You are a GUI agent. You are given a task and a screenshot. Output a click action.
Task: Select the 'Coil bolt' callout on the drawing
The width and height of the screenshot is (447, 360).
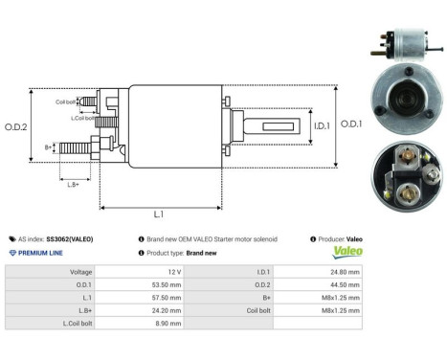(65, 101)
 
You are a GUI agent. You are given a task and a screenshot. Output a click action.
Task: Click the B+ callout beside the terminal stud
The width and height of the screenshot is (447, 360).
(49, 146)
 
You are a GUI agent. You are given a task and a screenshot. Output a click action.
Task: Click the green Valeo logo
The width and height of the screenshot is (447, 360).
(346, 253)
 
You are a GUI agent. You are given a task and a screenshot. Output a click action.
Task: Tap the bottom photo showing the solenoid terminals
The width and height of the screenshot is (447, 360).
(402, 174)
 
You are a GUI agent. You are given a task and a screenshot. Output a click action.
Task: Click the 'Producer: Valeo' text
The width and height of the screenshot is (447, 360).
(336, 238)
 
